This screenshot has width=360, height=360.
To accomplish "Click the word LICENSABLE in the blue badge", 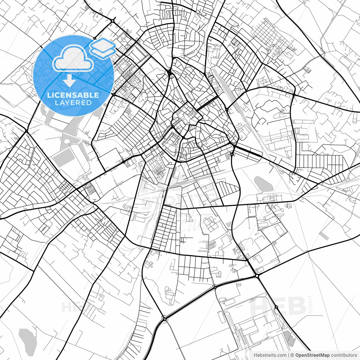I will [73, 95].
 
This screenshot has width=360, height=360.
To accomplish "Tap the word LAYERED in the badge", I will [73, 103].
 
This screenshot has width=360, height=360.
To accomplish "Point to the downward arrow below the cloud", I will [69, 82].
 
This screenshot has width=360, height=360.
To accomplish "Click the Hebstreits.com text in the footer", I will [270, 355].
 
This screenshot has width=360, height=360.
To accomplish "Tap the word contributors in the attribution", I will [344, 355].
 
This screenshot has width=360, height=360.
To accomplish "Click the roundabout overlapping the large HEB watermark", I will [276, 307].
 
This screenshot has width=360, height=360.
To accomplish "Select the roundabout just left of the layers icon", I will [95, 38].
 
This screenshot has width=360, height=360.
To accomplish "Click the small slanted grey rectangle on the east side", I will [324, 236].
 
